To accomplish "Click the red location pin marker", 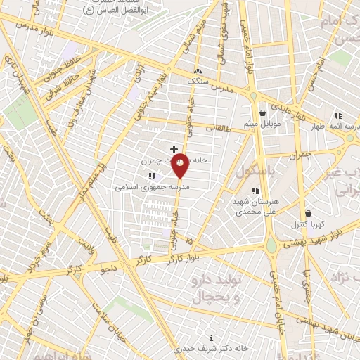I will [180, 165].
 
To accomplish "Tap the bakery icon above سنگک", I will [198, 71].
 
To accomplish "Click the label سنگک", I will [198, 82].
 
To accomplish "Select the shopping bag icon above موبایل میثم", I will [262, 112].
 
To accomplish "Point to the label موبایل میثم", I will [262, 124].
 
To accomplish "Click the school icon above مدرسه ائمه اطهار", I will [338, 115].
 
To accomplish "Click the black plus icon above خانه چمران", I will [174, 149].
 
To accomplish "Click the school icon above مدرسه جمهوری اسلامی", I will [152, 176].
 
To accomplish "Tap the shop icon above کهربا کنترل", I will [308, 213].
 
